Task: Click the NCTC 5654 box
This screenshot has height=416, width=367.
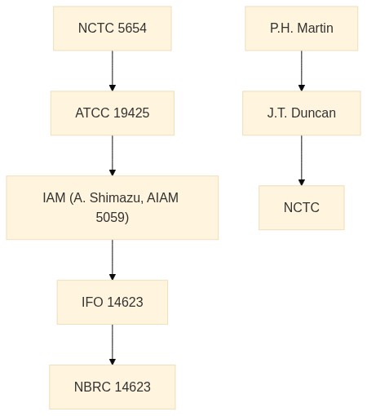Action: coord(113,29)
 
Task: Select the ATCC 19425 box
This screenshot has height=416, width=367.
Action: coord(113,113)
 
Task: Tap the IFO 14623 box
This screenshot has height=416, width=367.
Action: coord(113,302)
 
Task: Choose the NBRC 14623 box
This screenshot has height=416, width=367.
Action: coord(113,387)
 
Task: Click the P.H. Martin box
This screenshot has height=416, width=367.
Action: coord(302,29)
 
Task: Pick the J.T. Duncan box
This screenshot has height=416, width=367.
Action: coord(302,113)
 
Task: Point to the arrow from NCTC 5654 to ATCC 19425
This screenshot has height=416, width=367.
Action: coord(113,71)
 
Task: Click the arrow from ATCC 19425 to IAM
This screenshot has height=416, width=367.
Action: coord(113,156)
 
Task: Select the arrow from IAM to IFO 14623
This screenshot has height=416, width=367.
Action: coord(113,260)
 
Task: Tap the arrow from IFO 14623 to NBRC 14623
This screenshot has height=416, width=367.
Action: coord(113,344)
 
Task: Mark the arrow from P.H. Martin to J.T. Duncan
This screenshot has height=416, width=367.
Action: coord(302,71)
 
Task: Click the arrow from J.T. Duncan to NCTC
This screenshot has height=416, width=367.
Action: coord(302,161)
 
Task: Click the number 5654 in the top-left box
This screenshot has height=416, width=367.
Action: coord(132,29)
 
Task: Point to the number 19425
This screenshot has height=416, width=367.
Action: coord(131,113)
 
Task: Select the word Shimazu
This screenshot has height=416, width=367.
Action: coord(115,197)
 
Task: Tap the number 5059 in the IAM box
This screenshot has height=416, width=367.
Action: coord(113,218)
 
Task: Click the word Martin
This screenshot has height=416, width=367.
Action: coord(315,29)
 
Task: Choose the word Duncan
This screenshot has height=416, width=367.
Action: coord(313,113)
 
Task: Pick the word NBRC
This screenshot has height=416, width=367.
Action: coord(92,387)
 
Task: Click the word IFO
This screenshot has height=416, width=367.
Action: coord(92,302)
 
